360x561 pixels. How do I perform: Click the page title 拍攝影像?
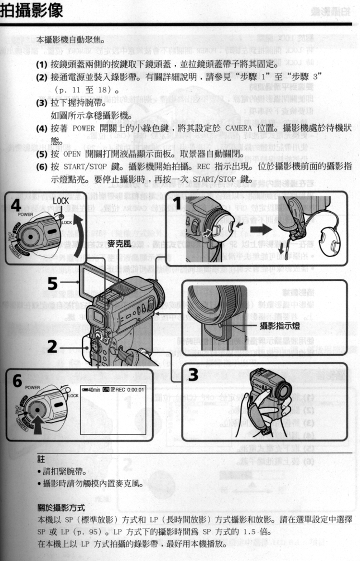pos(32,11)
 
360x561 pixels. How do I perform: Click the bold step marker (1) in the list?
pos(41,64)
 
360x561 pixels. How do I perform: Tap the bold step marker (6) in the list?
pos(41,167)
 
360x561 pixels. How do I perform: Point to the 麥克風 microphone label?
pos(120,243)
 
